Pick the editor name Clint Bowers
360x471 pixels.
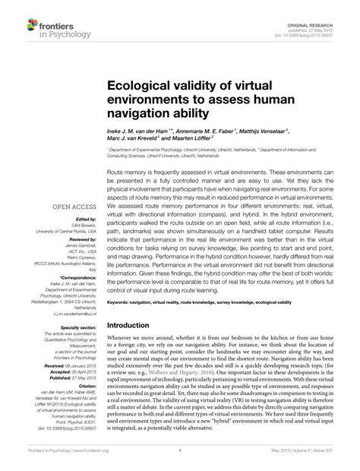pos(79,226)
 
